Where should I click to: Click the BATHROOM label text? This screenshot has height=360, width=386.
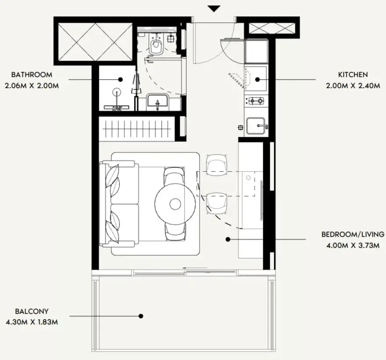click(32, 75)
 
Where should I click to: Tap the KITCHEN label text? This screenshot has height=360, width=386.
click(353, 75)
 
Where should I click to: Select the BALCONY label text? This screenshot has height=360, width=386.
click(32, 311)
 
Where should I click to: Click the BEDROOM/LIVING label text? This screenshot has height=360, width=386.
click(353, 234)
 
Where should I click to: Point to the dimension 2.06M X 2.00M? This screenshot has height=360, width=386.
click(32, 86)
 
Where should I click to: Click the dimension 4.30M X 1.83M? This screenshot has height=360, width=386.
click(32, 322)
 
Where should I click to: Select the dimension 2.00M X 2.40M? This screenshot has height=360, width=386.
click(353, 86)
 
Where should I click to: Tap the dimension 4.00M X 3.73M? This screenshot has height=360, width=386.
click(353, 246)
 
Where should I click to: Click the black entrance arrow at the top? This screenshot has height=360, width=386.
click(214, 9)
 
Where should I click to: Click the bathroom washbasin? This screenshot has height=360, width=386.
click(157, 102)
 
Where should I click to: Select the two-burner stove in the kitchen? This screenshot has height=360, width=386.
click(256, 101)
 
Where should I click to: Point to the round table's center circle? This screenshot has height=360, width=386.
click(175, 204)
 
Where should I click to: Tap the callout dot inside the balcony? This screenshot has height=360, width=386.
click(141, 316)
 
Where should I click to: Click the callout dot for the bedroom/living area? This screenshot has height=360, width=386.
click(228, 239)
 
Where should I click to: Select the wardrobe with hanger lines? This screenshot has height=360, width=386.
click(137, 129)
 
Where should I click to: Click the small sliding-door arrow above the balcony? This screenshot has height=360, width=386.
click(195, 268)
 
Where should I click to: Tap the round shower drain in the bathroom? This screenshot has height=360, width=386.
click(117, 92)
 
